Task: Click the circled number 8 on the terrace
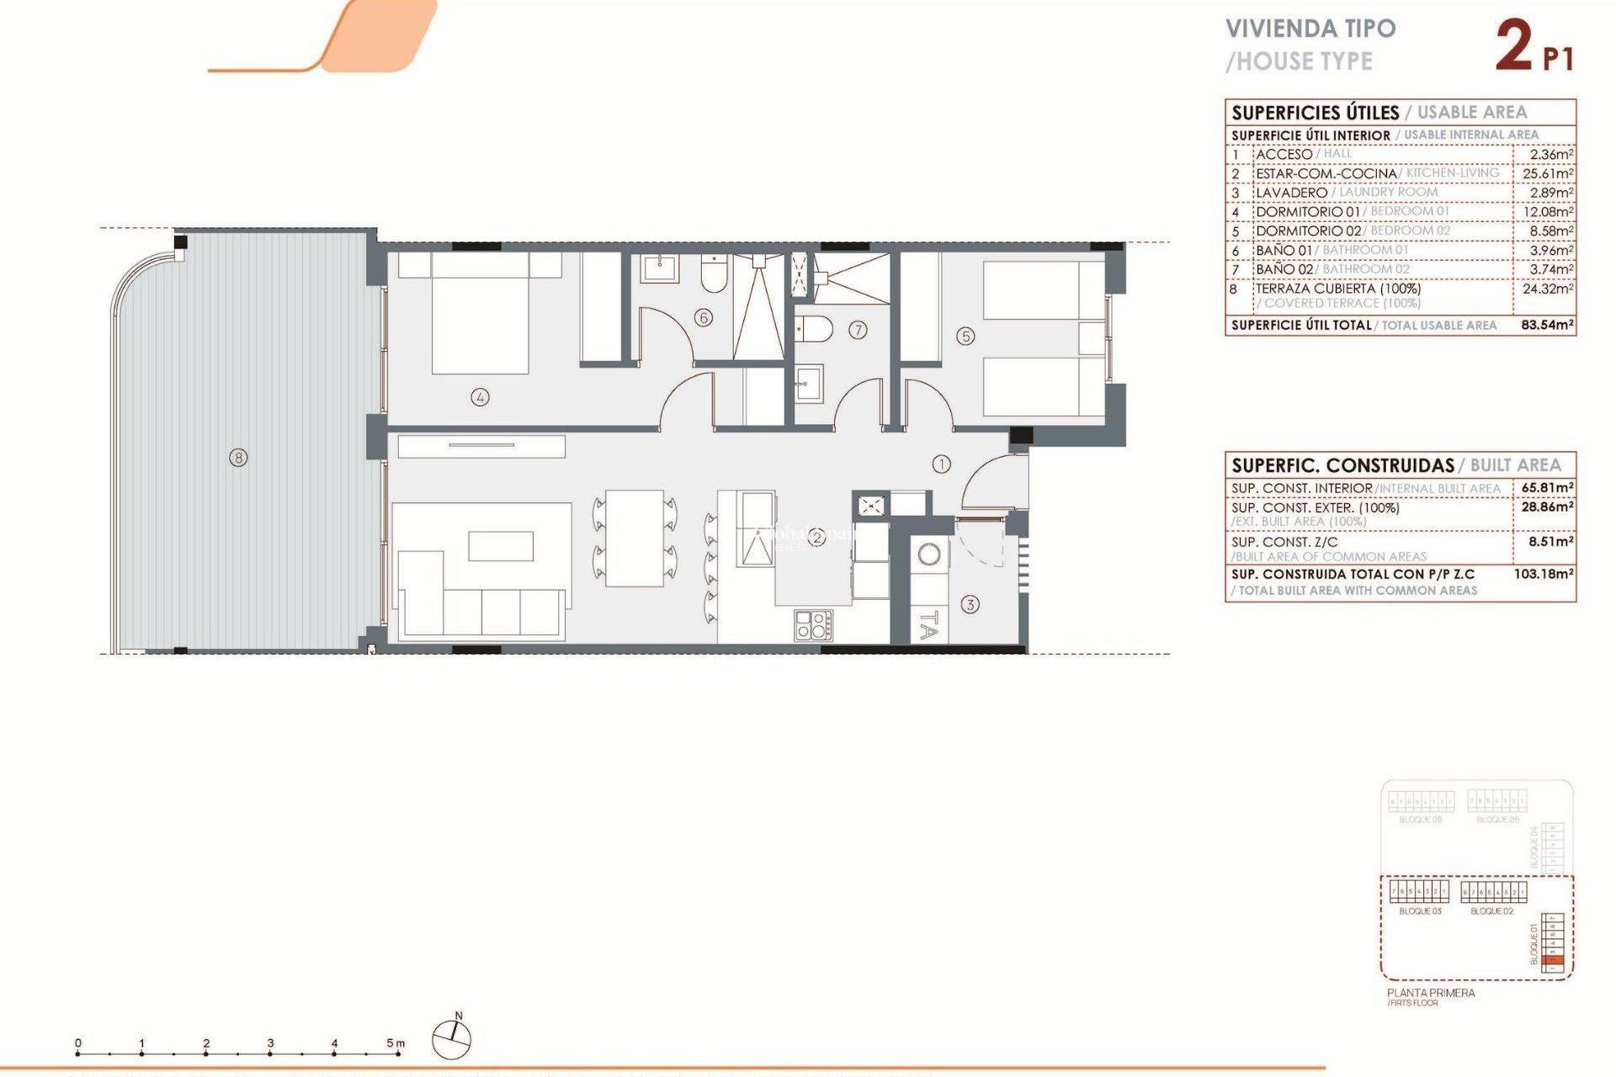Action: [239, 458]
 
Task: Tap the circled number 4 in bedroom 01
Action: [480, 397]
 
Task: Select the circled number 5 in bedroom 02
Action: [965, 337]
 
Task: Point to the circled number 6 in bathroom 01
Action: [704, 317]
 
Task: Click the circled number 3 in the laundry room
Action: [970, 604]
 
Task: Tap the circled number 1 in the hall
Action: [941, 464]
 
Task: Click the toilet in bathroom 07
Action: [814, 329]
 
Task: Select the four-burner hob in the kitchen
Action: [813, 626]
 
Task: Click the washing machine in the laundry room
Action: [929, 555]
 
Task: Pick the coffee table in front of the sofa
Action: [501, 545]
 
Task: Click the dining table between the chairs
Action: [635, 538]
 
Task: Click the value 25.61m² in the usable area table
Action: [1547, 173]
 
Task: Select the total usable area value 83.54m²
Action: [1547, 325]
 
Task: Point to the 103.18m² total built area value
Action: [1544, 574]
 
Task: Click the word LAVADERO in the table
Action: [1291, 193]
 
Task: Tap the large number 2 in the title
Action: [1513, 46]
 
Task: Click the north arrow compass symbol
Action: [451, 1038]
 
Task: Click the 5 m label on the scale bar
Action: [395, 1043]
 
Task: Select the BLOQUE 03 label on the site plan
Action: [1420, 911]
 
